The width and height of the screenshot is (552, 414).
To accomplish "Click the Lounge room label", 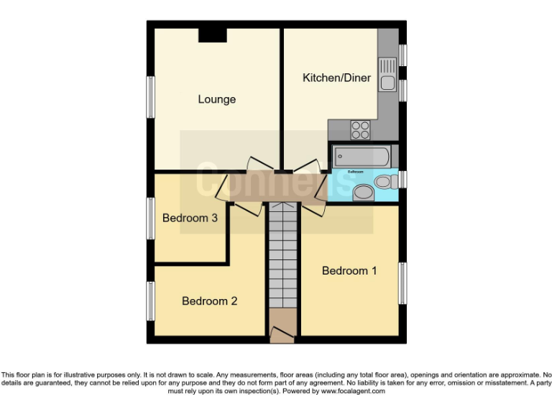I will tap(216, 99).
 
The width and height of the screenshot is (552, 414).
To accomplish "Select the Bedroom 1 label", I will tap(349, 270).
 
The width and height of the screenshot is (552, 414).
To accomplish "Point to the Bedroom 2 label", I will tap(209, 301).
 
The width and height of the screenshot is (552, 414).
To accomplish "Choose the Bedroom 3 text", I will tap(190, 218).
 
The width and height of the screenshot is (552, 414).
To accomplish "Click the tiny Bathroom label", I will tap(356, 172).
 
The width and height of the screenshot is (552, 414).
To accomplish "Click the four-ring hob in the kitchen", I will tap(359, 129).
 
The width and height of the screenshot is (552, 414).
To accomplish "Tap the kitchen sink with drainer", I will tap(388, 74).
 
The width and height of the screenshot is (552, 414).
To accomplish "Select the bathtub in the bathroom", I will tap(362, 156).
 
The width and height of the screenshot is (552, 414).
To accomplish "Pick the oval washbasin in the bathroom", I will tap(364, 192).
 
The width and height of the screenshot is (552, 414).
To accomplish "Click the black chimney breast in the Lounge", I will tap(213, 34).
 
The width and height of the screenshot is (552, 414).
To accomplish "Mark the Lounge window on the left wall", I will tap(151, 96).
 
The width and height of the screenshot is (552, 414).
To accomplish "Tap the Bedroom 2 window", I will tap(151, 300).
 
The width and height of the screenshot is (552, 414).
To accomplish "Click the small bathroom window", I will tap(403, 179).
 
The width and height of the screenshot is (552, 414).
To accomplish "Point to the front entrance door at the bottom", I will tap(282, 334).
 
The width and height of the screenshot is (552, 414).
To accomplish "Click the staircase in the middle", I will tap(283, 255).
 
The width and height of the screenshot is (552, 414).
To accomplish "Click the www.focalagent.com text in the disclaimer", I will tap(353, 392).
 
